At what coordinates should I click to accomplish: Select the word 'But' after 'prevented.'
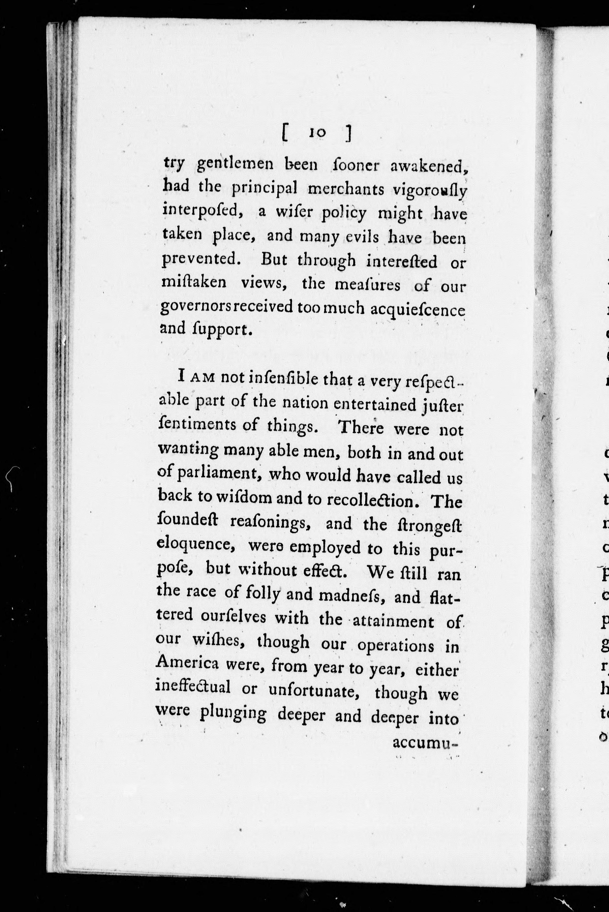(x=274, y=259)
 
